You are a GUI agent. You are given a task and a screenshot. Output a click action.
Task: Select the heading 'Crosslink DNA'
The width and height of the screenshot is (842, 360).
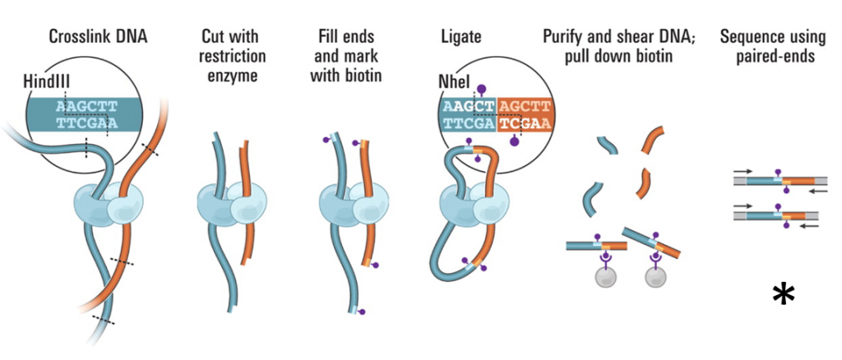point(98,37)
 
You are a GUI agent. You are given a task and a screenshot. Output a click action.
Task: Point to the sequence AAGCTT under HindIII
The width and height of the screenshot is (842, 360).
point(87,106)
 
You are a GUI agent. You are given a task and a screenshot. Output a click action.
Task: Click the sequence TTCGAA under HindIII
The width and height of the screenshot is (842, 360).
point(87,123)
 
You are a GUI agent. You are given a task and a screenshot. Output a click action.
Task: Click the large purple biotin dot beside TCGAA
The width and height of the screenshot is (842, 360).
point(515,141)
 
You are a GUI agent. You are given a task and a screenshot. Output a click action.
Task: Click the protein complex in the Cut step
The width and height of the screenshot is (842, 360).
point(229,202)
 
